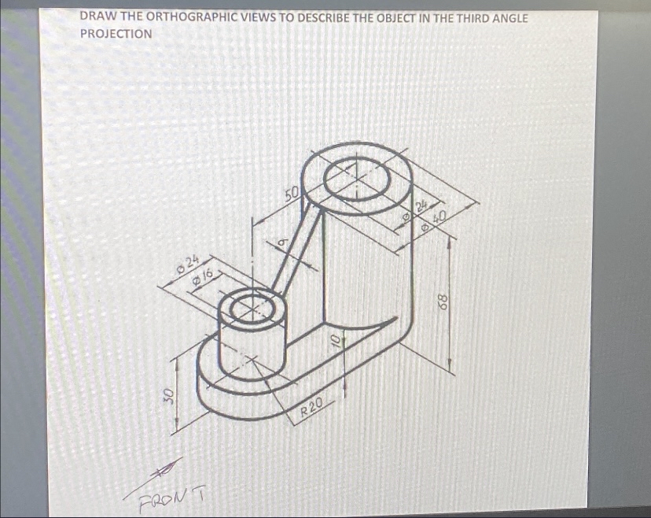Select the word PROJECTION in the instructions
116,34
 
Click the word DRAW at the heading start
97,17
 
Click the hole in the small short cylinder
250,306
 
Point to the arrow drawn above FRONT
164,470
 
